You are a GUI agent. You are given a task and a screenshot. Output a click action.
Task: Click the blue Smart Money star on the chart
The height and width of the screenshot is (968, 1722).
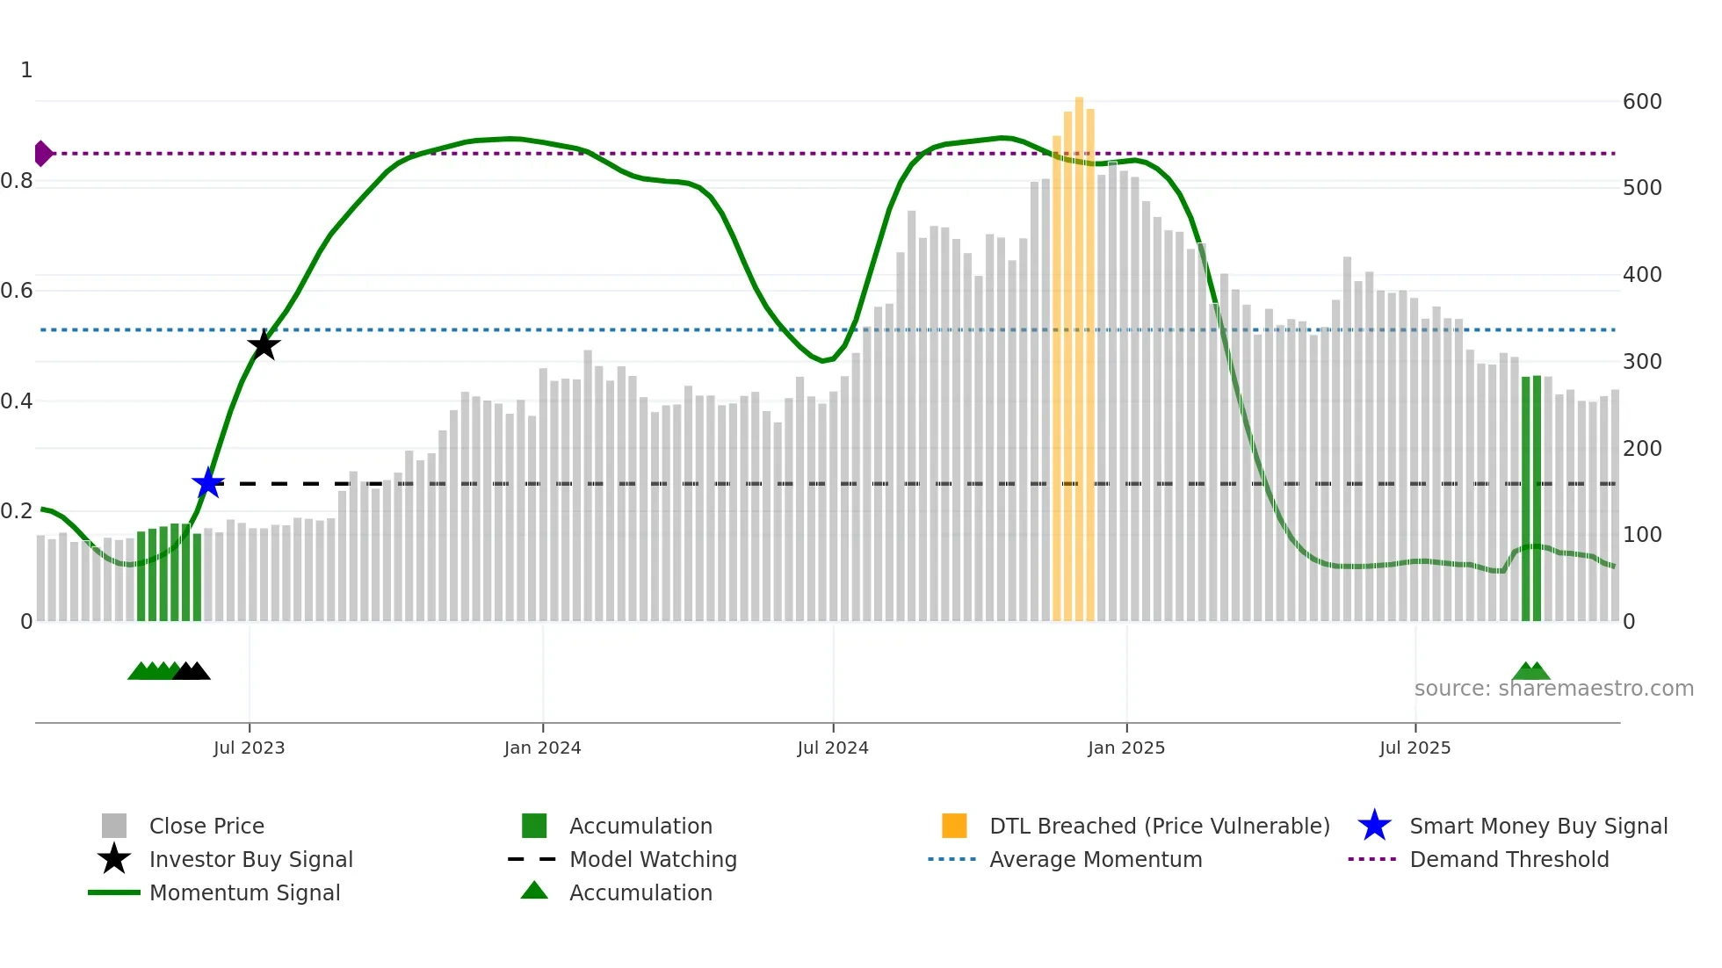coord(208,483)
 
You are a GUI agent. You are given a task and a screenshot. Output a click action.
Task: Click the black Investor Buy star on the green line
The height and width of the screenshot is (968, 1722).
coord(264,345)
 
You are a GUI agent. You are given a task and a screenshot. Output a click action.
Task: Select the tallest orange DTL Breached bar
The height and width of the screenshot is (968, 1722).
coord(1079,351)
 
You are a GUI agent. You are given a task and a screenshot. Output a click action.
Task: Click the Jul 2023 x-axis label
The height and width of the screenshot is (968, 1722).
coord(249,748)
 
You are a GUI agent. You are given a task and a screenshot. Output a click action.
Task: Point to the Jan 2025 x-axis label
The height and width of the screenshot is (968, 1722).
coord(1125,748)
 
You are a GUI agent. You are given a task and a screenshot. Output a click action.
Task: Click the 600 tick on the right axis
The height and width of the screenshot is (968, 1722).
coord(1641,102)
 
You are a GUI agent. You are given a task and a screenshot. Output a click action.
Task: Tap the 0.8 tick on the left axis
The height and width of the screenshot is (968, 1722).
coord(18,181)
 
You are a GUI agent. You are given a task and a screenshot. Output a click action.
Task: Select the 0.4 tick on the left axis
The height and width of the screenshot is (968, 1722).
coord(18,401)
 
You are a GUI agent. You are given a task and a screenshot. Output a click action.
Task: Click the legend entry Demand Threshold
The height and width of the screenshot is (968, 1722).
coord(1509,859)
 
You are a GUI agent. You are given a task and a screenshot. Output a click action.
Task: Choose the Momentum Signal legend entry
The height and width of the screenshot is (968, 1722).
coord(244,892)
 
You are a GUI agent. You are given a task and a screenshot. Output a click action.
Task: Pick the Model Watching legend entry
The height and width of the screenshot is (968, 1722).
coord(653,859)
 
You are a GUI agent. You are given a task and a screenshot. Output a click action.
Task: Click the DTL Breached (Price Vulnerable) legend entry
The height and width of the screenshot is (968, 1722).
coord(1159,826)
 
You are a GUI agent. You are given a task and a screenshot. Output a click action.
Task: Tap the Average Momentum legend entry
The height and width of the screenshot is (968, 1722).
coord(1095,859)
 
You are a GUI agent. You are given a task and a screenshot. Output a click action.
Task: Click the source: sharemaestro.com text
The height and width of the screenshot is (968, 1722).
coord(1553,689)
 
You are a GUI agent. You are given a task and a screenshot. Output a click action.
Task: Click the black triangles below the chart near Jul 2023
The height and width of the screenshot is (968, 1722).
coord(192,672)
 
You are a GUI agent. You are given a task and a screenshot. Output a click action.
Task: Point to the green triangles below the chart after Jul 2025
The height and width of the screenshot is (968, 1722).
coord(1530,672)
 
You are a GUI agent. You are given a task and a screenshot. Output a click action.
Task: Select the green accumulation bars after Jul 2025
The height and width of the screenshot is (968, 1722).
coord(1531,501)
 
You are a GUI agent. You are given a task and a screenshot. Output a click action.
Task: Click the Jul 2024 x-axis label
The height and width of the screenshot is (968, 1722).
coord(832,748)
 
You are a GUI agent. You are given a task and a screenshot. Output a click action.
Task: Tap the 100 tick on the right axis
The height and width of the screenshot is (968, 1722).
coord(1641,535)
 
